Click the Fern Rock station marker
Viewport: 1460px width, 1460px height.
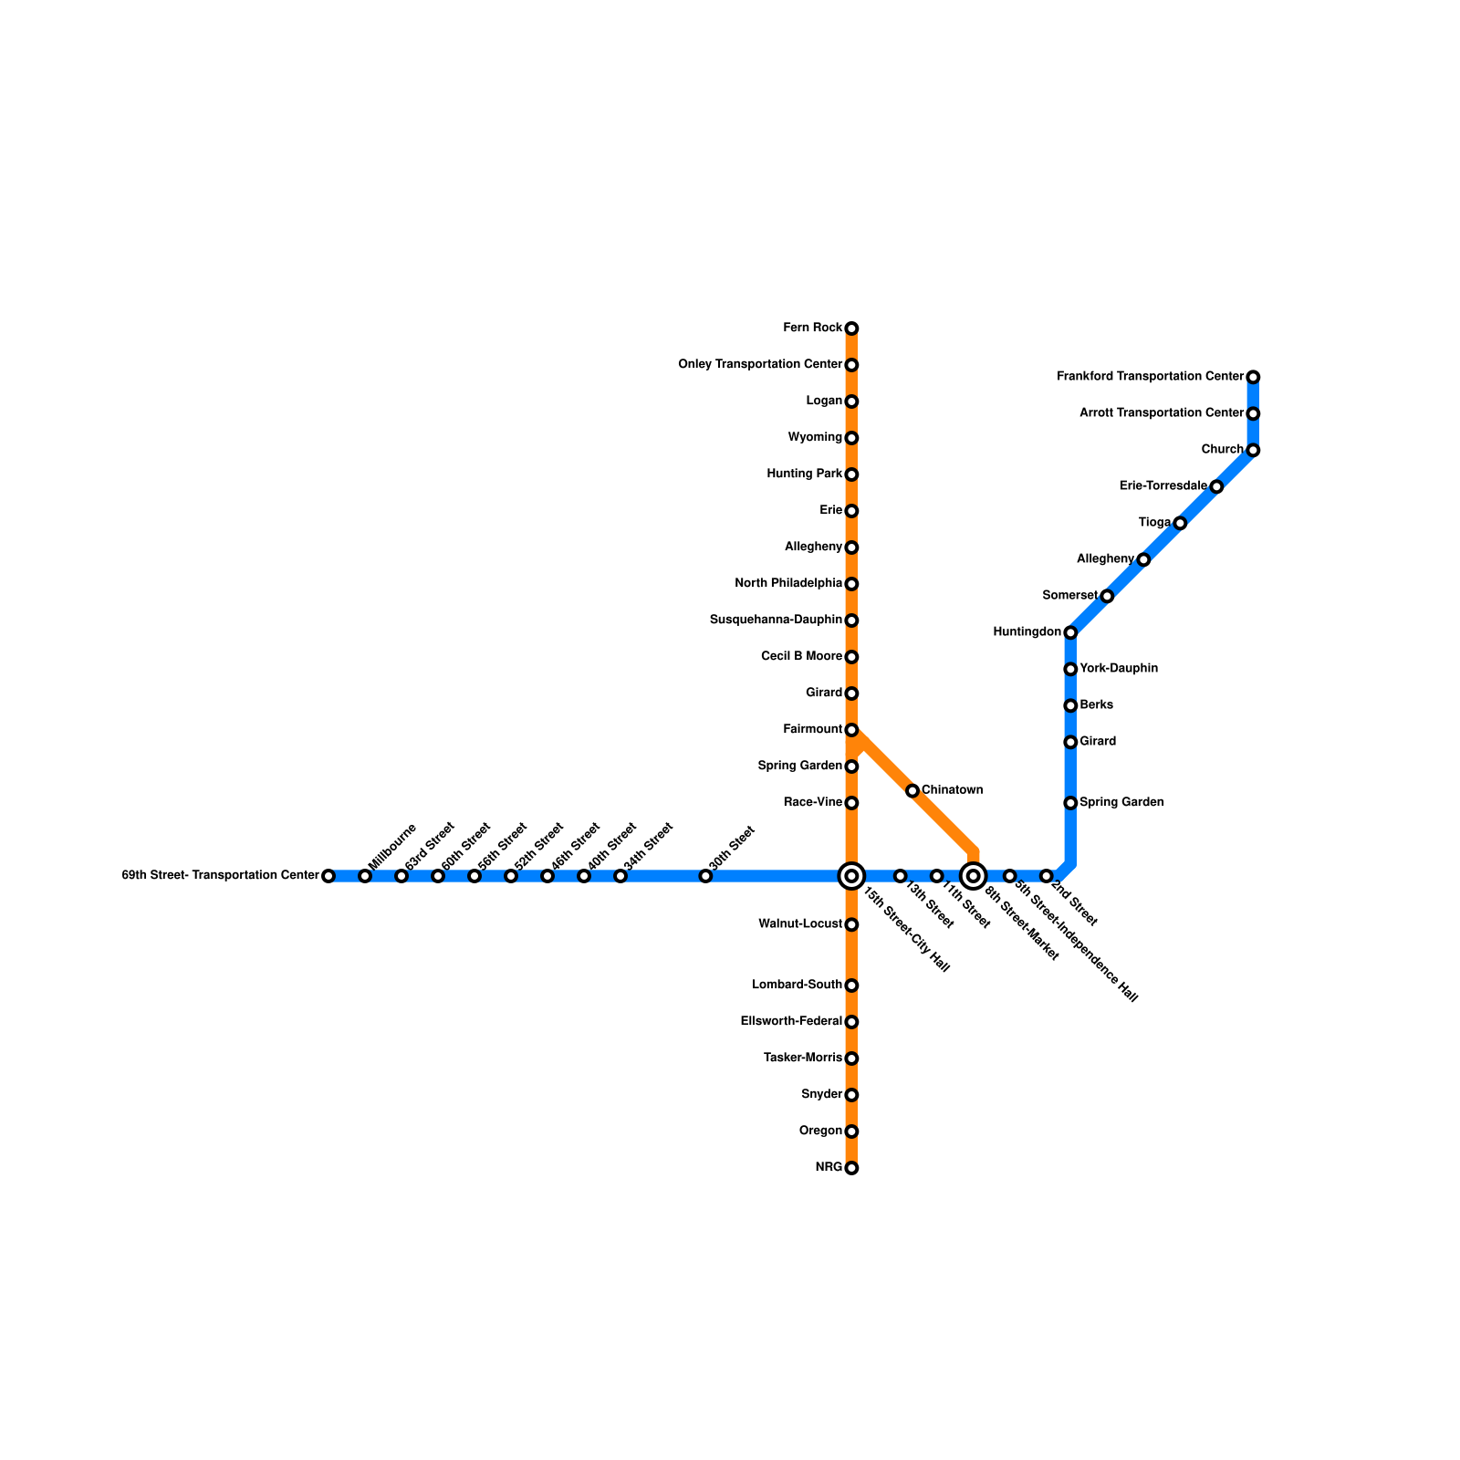(851, 328)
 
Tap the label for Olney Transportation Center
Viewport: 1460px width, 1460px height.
(759, 365)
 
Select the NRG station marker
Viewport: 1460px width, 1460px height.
(851, 1168)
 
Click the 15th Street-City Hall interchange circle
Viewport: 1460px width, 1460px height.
(851, 876)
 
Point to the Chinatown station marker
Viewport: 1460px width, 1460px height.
(912, 790)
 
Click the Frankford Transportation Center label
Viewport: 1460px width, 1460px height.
(1150, 377)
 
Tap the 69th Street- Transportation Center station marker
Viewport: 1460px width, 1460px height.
(328, 876)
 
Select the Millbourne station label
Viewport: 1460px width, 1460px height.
(392, 845)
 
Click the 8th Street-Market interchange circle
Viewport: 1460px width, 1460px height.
(974, 876)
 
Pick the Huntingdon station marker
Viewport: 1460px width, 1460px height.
(1070, 632)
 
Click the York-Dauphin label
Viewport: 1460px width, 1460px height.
(1119, 669)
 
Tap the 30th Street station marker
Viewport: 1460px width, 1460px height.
(705, 876)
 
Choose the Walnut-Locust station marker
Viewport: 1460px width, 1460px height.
(851, 925)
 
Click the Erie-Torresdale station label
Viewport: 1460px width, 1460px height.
(1163, 486)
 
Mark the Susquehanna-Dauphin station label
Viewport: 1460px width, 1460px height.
(776, 620)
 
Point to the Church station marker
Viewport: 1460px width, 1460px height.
(1253, 451)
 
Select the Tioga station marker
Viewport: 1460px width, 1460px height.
(1180, 523)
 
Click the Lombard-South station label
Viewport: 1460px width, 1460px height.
(797, 985)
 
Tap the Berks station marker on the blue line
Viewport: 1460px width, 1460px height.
(1070, 705)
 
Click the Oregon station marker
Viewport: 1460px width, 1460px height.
(851, 1131)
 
